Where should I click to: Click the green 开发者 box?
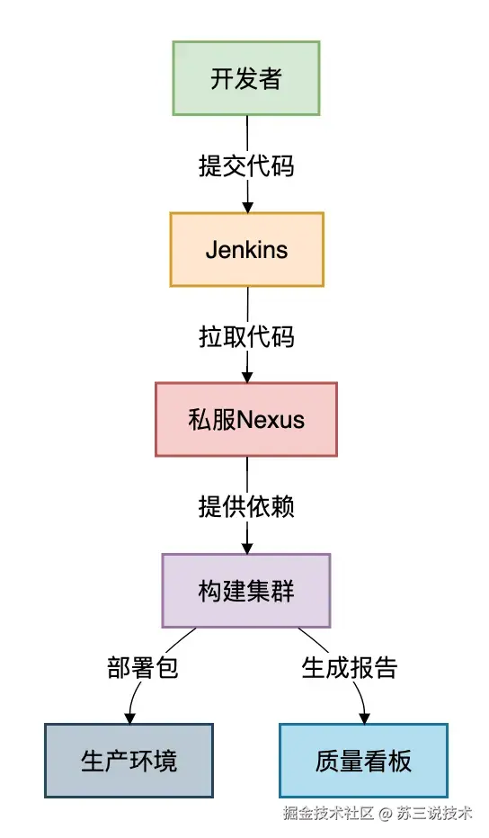click(x=246, y=78)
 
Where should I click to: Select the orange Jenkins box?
click(x=246, y=249)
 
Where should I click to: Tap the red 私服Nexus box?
click(x=246, y=419)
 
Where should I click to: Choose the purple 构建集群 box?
click(x=246, y=590)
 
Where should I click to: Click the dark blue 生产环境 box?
click(x=129, y=761)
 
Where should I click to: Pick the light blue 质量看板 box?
click(x=363, y=761)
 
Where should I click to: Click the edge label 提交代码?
click(x=246, y=165)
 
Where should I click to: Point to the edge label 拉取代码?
click(x=246, y=336)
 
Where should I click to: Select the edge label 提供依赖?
click(x=246, y=506)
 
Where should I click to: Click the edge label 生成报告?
click(x=349, y=668)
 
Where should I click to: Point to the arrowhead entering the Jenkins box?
click(x=246, y=206)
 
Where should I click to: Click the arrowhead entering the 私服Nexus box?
click(x=246, y=376)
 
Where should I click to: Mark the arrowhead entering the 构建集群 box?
click(x=246, y=547)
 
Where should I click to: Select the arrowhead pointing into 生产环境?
click(x=129, y=718)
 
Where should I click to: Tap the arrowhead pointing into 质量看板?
click(x=364, y=718)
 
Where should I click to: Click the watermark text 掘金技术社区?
click(x=328, y=814)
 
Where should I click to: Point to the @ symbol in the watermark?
click(x=385, y=814)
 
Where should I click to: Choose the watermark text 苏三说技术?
click(x=435, y=814)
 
